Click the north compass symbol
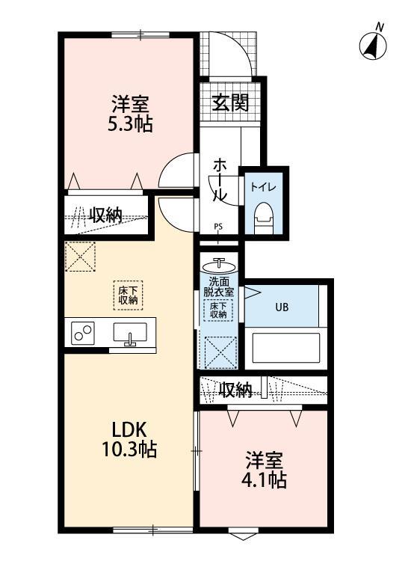click(373, 44)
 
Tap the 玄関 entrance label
click(229, 102)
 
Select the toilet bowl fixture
click(262, 216)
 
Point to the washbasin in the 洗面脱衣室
click(219, 265)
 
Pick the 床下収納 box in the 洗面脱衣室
click(218, 310)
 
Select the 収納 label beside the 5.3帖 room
click(105, 215)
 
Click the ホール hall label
click(220, 180)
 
